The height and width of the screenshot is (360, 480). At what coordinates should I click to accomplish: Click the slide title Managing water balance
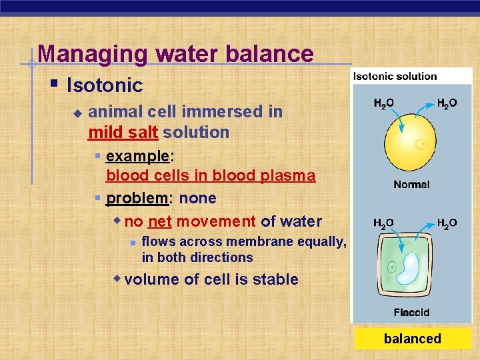(175, 53)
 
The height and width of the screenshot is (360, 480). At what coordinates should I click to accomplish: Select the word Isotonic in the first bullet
(105, 85)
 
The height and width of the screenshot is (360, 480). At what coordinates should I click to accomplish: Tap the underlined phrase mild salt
(123, 132)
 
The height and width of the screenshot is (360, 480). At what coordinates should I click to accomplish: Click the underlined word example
(138, 156)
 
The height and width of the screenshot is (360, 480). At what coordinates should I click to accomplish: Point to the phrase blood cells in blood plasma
(211, 175)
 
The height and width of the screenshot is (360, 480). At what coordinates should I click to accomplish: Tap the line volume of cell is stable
(211, 279)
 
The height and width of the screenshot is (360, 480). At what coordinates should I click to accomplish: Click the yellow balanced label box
(412, 339)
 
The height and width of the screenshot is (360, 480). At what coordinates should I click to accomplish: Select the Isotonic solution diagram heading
(395, 76)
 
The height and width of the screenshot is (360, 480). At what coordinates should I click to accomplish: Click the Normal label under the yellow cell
(411, 184)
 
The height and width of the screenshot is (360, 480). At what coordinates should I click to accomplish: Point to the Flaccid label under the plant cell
(411, 312)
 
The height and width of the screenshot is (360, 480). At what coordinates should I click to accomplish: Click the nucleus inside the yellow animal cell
(421, 144)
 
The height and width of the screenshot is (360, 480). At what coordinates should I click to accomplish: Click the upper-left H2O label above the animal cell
(383, 103)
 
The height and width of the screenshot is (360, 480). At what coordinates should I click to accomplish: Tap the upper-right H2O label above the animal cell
(447, 103)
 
